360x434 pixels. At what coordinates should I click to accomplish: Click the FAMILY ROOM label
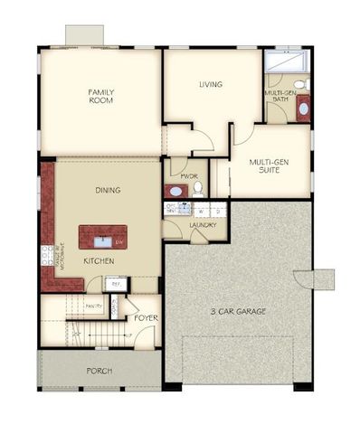100,96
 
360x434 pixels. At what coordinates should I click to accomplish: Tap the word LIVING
212,85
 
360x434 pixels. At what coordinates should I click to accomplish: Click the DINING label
109,190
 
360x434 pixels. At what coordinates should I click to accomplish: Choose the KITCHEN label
99,260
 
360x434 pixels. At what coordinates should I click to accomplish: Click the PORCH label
99,372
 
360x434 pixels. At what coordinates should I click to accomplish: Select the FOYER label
147,317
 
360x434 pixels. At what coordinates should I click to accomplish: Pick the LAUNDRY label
202,225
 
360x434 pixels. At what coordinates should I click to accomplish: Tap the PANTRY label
94,307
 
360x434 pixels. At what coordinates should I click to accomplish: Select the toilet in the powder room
197,189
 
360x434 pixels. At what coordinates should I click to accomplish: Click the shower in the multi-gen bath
286,65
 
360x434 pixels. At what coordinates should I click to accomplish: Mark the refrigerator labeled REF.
115,284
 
